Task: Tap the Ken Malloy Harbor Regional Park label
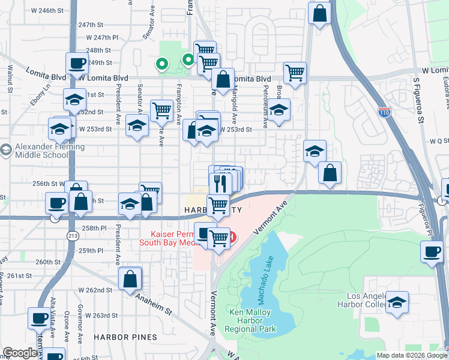pos(250,320)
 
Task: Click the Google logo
pos(20,353)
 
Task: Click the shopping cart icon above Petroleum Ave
pos(295,73)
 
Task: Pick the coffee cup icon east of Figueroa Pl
pos(432,251)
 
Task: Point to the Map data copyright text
pos(411,355)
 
